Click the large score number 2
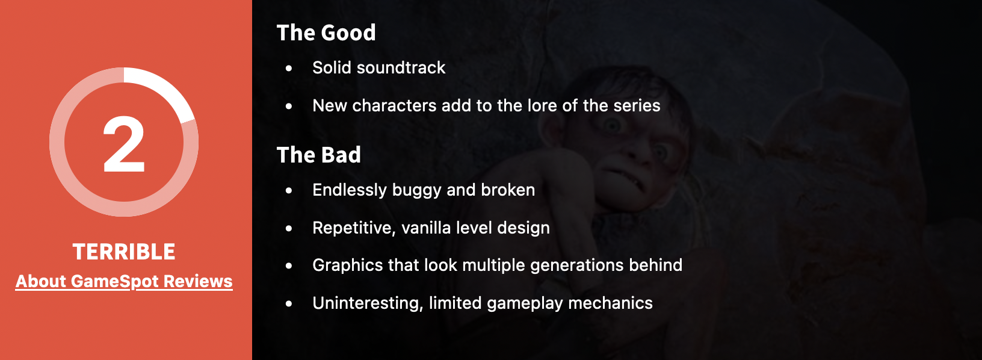pyautogui.click(x=123, y=144)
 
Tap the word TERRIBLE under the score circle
pyautogui.click(x=123, y=252)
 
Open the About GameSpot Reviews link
pyautogui.click(x=124, y=281)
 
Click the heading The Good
pyautogui.click(x=326, y=33)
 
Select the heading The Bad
pyautogui.click(x=319, y=155)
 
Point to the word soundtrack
pyautogui.click(x=401, y=68)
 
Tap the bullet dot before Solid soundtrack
pyautogui.click(x=288, y=69)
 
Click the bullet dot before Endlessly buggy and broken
pyautogui.click(x=288, y=190)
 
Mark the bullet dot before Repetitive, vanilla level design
pyautogui.click(x=288, y=228)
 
